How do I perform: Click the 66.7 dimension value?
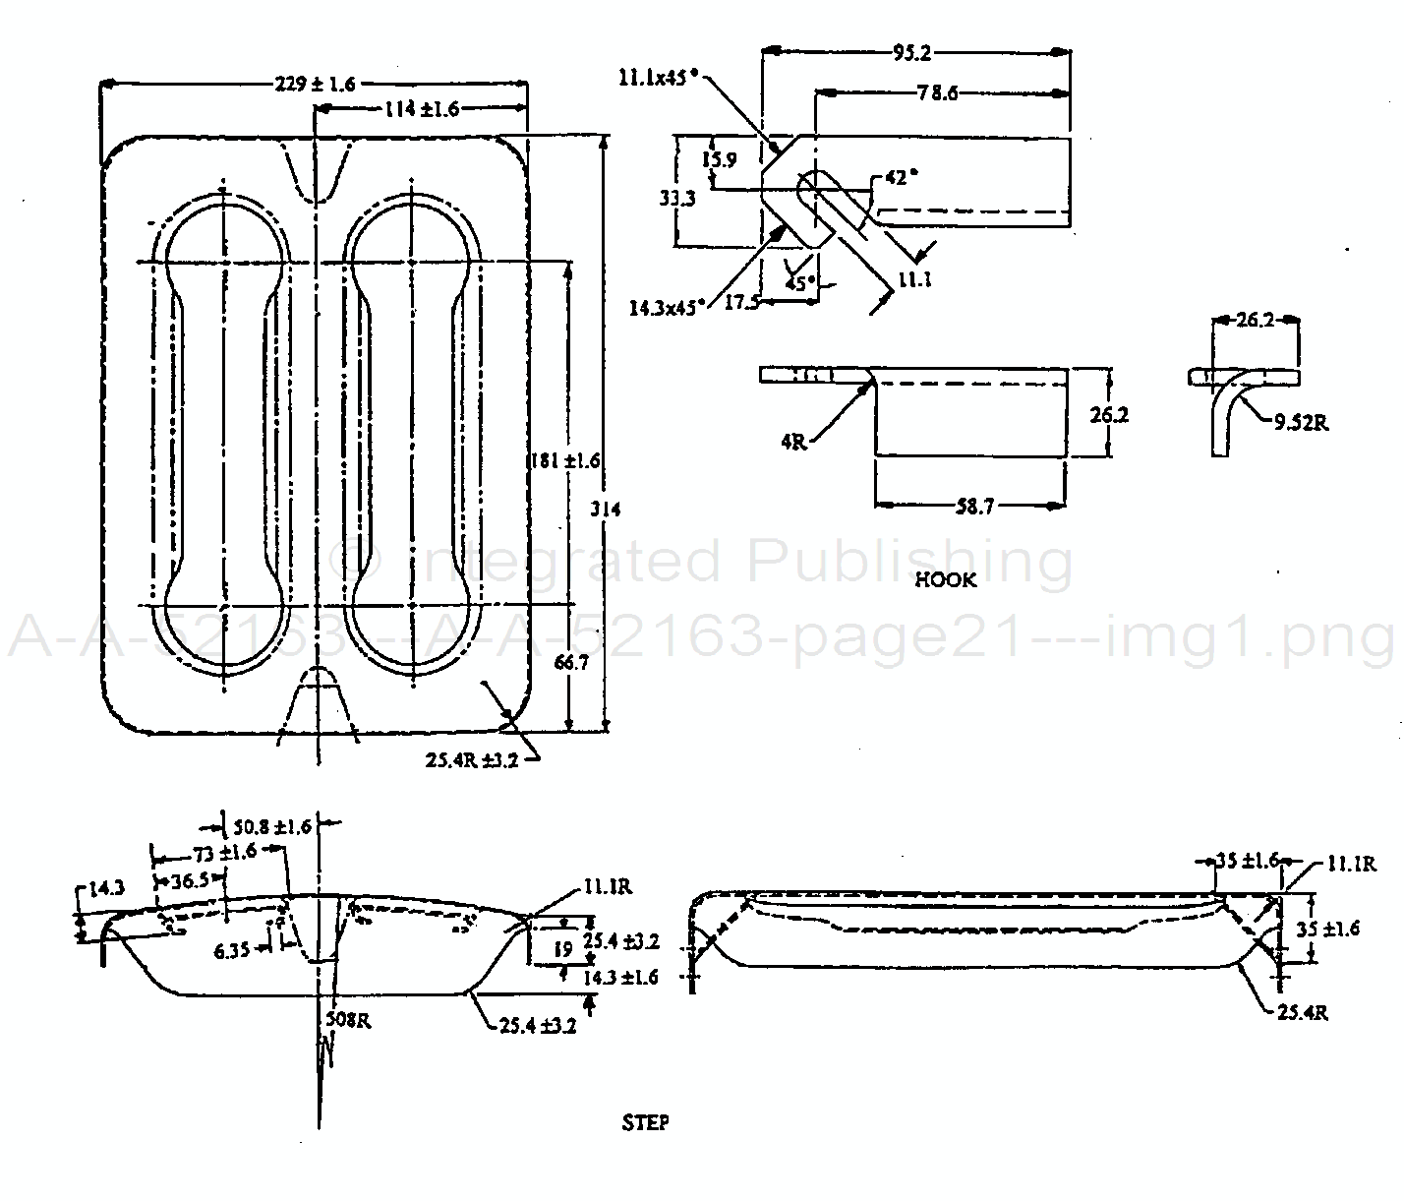point(570,662)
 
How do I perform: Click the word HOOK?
point(946,579)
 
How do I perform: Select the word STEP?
point(645,1122)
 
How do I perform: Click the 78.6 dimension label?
point(937,93)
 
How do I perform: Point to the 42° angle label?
point(902,178)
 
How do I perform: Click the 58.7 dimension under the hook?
point(974,507)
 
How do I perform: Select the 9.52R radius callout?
point(1302,422)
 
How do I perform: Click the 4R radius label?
point(794,442)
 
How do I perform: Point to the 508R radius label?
point(349,1020)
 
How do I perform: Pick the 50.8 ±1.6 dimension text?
point(271,826)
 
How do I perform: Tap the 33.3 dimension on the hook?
point(677,198)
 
